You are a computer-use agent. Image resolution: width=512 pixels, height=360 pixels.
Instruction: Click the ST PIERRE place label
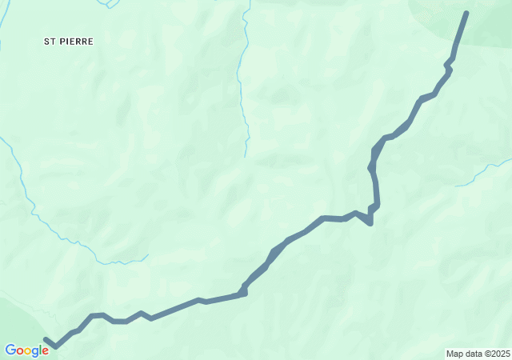point(69,41)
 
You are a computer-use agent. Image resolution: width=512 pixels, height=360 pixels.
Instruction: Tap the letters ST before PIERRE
point(50,41)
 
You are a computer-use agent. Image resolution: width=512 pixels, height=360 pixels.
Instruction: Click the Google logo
point(26,350)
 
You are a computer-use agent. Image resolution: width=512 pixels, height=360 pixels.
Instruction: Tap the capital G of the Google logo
point(10,350)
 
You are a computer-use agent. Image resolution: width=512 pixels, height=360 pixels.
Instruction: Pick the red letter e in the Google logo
point(45,351)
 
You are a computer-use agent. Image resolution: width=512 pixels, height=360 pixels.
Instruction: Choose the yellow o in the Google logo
point(28,351)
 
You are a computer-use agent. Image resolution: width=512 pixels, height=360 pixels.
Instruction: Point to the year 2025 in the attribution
point(498,354)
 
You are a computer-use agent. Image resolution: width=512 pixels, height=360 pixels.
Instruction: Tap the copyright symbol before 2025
point(485,354)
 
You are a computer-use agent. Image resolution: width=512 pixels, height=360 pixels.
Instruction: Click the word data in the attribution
point(472,354)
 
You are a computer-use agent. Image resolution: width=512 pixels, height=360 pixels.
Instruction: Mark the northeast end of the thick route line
point(466,13)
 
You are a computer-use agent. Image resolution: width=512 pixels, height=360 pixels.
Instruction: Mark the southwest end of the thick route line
point(46,340)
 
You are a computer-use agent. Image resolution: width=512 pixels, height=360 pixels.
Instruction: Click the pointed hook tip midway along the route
point(370,222)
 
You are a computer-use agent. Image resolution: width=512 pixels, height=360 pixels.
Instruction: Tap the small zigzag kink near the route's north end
point(450,62)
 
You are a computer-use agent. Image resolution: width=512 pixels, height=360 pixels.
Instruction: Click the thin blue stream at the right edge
point(485,171)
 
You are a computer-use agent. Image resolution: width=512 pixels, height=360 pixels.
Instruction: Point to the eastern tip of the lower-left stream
point(148,255)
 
